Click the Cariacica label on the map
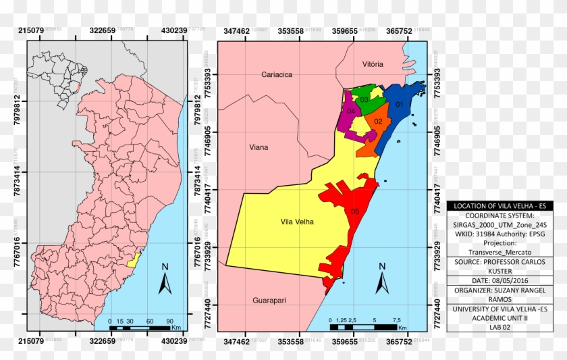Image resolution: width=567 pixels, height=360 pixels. coord(277,75)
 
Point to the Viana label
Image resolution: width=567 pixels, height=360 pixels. coord(259,147)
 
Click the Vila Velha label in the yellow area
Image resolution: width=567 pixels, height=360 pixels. coord(298,221)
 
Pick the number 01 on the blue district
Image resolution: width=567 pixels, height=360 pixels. coord(399,105)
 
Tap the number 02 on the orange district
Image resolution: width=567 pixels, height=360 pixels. coord(379,122)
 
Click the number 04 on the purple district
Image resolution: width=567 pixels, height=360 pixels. coord(351,111)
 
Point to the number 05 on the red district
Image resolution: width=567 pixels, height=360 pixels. coord(355,211)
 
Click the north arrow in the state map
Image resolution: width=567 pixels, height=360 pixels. coord(165,280)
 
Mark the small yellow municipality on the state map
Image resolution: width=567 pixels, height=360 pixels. coord(134,259)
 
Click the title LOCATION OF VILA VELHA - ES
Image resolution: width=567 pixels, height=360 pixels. coord(500,206)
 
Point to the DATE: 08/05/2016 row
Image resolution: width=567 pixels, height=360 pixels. coord(500,280)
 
